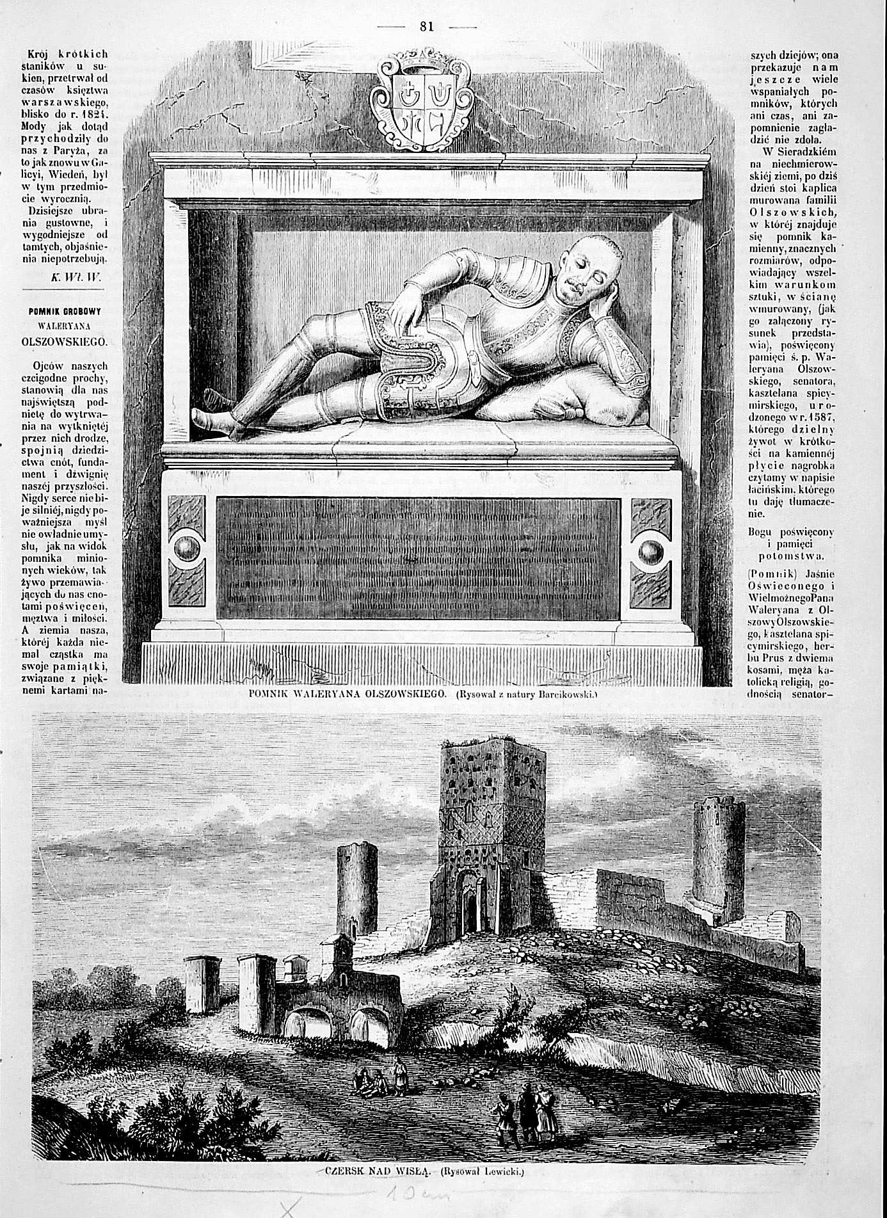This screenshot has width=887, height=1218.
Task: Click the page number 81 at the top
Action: point(427,26)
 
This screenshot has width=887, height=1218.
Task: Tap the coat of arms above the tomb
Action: point(424,102)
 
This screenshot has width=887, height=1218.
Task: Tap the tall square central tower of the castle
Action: point(491,832)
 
